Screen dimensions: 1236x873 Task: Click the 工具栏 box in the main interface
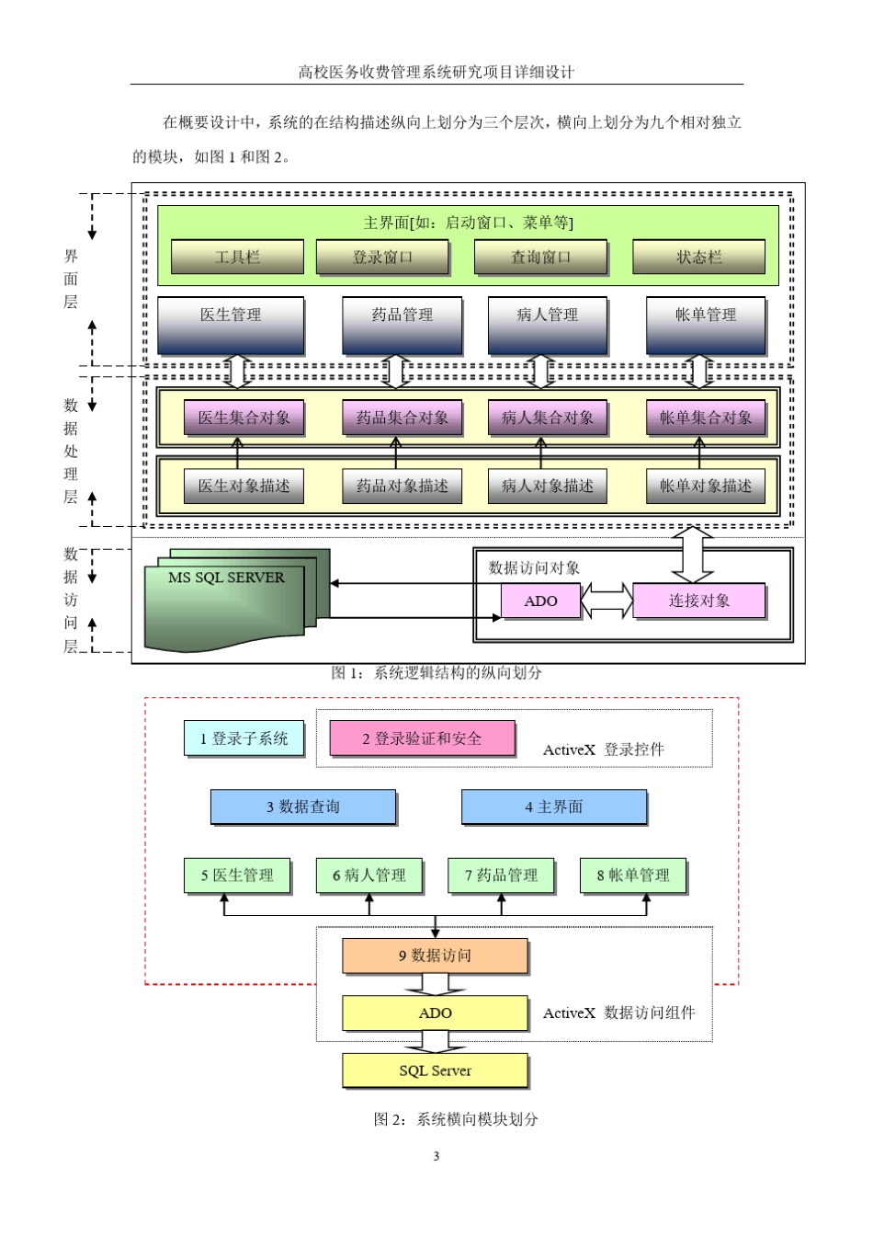click(237, 257)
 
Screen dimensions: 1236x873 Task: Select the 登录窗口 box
click(382, 257)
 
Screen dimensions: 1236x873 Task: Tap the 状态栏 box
click(698, 257)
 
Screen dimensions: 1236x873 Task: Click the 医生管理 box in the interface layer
click(231, 325)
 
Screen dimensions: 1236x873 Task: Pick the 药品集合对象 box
click(402, 418)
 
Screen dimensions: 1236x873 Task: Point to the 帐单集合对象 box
click(705, 418)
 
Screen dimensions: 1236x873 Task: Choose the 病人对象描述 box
click(547, 486)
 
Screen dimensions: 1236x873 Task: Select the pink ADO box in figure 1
click(540, 601)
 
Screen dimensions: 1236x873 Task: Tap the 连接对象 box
click(698, 601)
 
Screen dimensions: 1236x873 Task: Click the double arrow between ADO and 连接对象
click(607, 601)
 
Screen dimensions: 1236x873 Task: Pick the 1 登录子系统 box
click(244, 738)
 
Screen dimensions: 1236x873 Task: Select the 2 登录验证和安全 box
click(422, 738)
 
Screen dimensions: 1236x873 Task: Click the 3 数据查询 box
click(303, 807)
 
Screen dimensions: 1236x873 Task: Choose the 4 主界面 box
click(553, 807)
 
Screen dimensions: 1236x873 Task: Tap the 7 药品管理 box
click(501, 875)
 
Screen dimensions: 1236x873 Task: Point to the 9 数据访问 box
click(435, 956)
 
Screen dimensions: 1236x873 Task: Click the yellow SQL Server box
click(435, 1070)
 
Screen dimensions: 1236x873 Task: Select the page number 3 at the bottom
click(436, 1156)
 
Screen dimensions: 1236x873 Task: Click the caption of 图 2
click(456, 1119)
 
